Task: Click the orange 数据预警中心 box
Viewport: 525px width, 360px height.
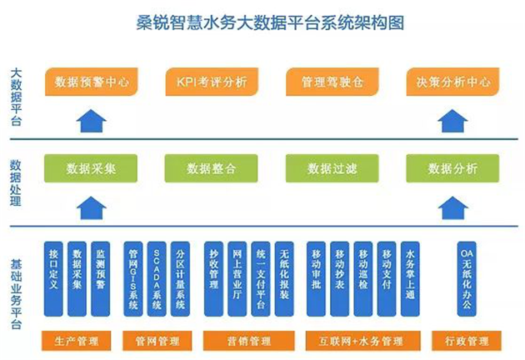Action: (x=92, y=82)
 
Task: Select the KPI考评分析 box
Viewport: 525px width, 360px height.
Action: (x=212, y=82)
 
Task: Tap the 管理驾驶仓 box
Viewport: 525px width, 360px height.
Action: (x=332, y=82)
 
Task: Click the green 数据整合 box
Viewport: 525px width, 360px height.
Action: (x=212, y=168)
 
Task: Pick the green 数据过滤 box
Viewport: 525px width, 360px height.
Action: (x=332, y=168)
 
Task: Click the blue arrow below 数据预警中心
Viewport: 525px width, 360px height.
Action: (x=92, y=122)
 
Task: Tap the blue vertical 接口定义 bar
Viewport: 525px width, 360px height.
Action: (x=56, y=279)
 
